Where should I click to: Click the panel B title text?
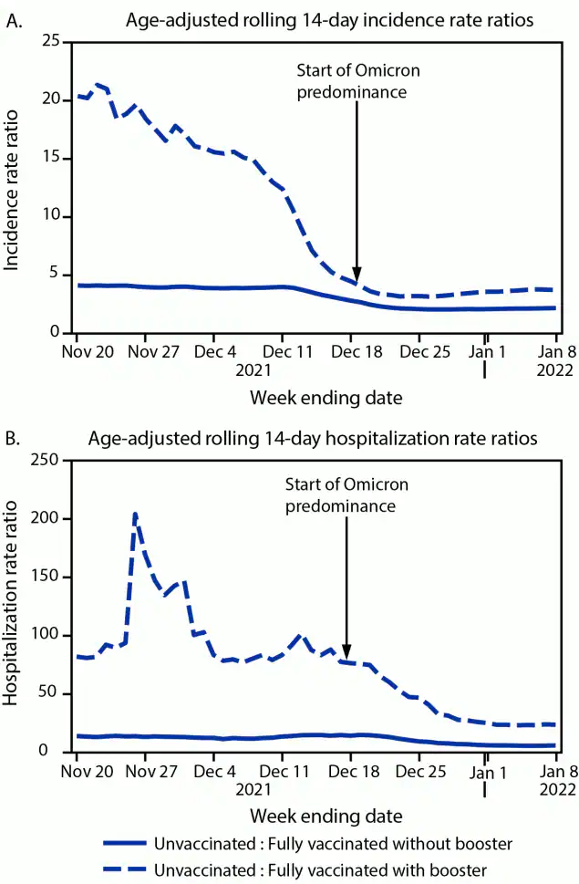(313, 439)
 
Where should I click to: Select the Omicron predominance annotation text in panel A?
(358, 81)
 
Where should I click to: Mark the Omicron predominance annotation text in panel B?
(346, 494)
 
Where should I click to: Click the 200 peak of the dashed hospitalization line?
(135, 515)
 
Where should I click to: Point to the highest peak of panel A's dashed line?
(98, 84)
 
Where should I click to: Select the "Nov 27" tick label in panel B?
(146, 770)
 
